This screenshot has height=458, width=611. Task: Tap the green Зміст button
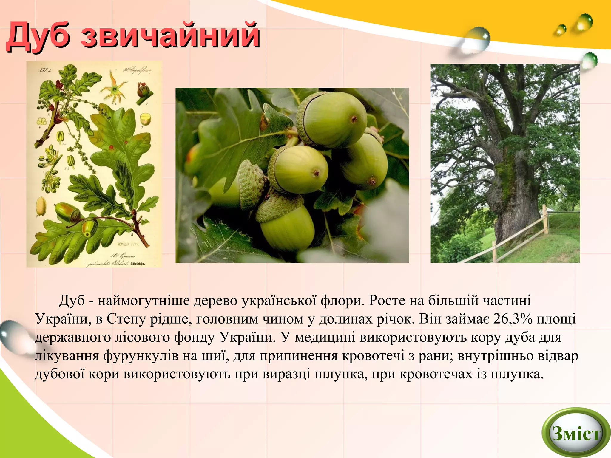coord(576,433)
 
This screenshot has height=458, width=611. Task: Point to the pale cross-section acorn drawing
coord(146,119)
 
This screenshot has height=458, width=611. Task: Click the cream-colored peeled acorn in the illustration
coord(41,206)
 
